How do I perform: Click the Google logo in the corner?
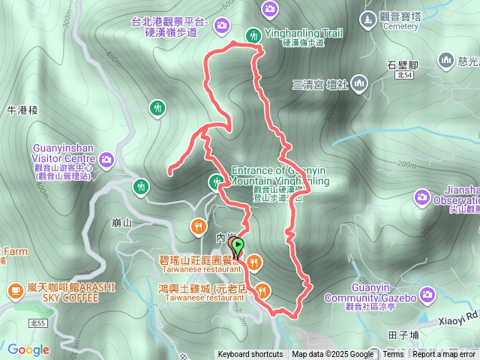click(x=28, y=349)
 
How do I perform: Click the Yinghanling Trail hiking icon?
click(x=253, y=34)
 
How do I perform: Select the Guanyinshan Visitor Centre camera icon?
click(x=106, y=158)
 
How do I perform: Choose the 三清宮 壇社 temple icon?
click(x=358, y=82)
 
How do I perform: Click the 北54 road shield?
click(x=406, y=75)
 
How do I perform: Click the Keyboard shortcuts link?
click(x=250, y=355)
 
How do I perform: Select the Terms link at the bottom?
click(x=393, y=355)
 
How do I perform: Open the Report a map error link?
click(x=444, y=355)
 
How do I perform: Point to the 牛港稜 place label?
click(x=22, y=110)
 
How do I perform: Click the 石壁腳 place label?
click(x=401, y=64)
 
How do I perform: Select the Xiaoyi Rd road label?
click(x=458, y=318)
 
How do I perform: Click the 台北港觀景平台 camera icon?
click(x=221, y=26)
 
